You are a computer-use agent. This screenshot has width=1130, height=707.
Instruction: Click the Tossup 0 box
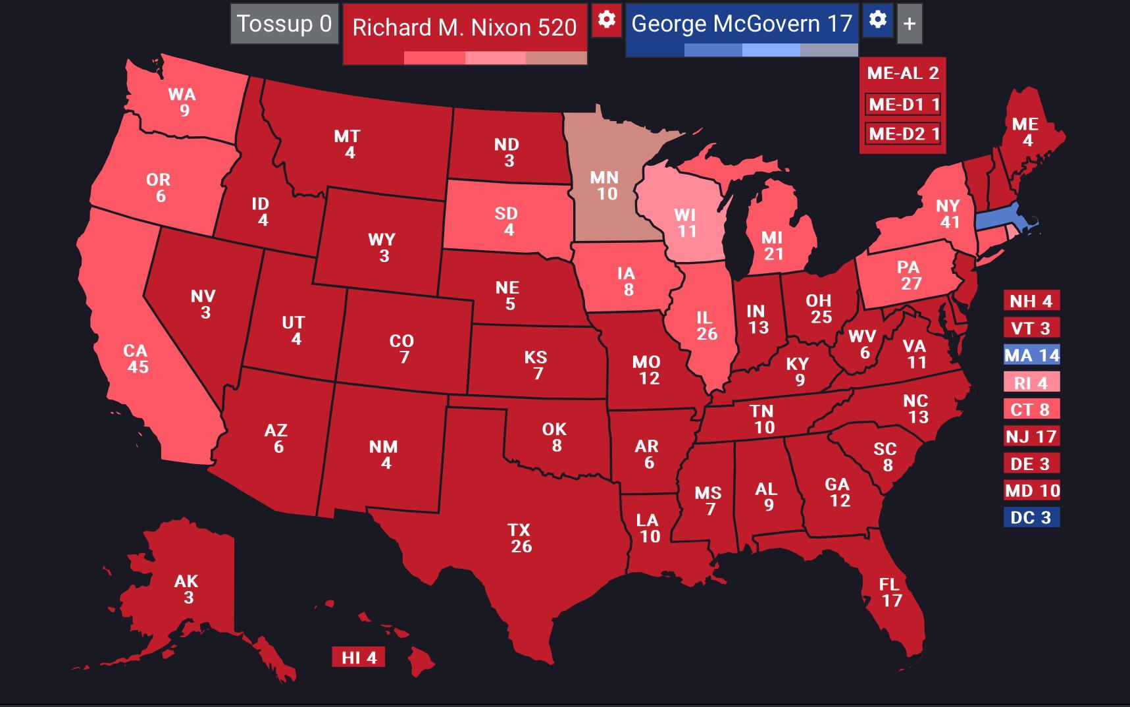coord(284,24)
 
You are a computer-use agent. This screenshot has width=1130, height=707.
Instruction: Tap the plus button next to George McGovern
coord(910,24)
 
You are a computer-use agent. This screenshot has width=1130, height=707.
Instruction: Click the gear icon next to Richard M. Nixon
coord(606,20)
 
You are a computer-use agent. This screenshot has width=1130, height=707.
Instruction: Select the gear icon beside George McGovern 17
coord(877,20)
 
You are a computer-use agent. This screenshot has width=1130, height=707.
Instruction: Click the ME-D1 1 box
coord(903,104)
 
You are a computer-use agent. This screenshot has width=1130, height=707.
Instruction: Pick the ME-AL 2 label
coord(902,73)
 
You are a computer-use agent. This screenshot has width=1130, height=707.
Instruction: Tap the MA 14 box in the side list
coord(1031,355)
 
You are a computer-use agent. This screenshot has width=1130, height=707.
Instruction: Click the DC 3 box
coord(1031,517)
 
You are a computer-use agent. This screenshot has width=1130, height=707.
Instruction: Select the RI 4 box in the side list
coord(1031,382)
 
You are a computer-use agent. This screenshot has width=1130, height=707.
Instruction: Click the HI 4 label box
coord(359,658)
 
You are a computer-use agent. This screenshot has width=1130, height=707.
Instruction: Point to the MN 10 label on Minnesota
coord(605,185)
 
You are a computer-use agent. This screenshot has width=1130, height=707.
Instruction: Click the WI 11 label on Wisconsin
coord(686,223)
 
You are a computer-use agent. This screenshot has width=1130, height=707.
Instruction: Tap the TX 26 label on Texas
coord(520,538)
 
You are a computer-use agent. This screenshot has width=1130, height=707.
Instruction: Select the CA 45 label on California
coord(136,359)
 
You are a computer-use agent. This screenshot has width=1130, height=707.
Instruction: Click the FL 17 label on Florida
coord(890,592)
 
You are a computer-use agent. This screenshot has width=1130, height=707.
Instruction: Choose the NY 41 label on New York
coord(948,213)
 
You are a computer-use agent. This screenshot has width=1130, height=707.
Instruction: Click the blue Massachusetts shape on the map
coord(1000,219)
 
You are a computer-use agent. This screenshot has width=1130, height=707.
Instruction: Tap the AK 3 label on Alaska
coord(187,589)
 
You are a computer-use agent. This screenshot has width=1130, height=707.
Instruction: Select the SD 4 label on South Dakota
coord(507,221)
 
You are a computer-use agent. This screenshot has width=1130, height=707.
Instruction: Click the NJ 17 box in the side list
coord(1031,436)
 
